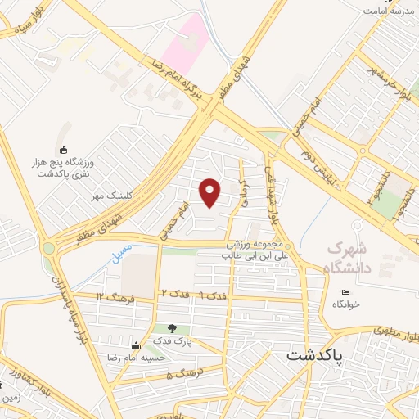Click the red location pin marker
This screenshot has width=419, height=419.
coord(210,192)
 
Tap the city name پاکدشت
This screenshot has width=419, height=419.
coord(316,358)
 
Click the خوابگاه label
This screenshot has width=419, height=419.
coord(346,304)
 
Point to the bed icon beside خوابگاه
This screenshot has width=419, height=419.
coord(346,292)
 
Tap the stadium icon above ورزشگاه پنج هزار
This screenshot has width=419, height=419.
coord(63,149)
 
